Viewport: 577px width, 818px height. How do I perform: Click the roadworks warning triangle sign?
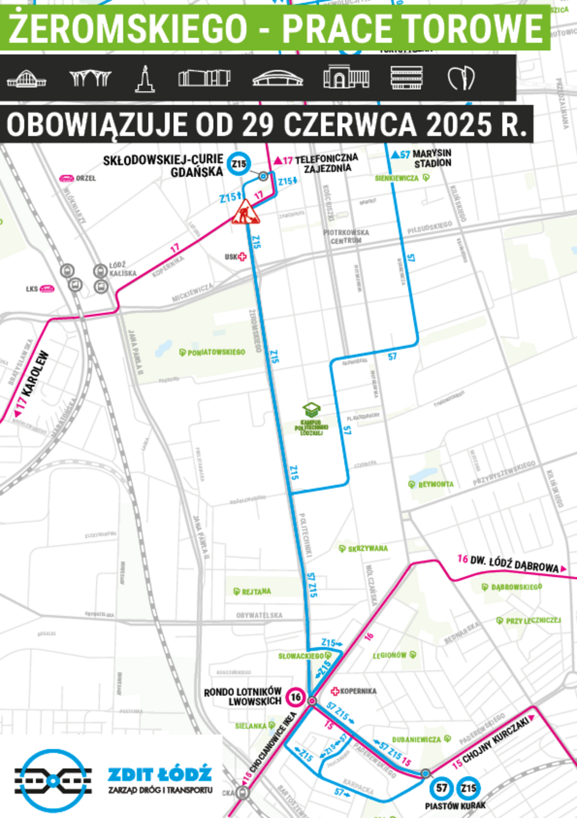point(245,212)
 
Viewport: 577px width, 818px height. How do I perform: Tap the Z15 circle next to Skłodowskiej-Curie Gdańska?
point(239,164)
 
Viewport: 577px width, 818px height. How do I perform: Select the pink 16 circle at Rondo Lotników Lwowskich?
point(296,697)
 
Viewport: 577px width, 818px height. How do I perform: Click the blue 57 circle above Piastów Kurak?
point(441,788)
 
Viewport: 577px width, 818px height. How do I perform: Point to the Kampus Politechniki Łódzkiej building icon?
point(312,409)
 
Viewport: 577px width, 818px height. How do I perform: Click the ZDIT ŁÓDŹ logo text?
point(160,775)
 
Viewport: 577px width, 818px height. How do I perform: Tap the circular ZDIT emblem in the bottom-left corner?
point(53,780)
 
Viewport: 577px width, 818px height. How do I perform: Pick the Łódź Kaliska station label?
point(123,269)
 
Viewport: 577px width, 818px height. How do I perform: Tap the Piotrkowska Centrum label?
point(346,237)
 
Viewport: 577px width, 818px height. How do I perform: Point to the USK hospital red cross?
point(242,257)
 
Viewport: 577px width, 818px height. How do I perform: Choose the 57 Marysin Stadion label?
point(422,158)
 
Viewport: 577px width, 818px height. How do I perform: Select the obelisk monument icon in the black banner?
point(145,78)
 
